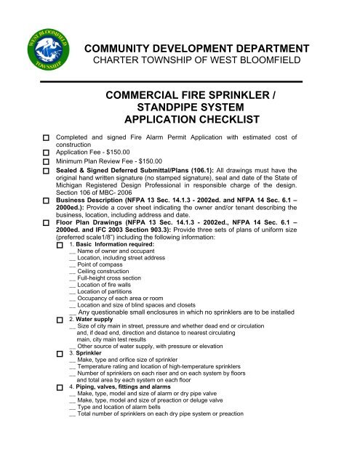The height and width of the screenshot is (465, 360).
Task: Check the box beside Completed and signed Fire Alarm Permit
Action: click(x=45, y=137)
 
